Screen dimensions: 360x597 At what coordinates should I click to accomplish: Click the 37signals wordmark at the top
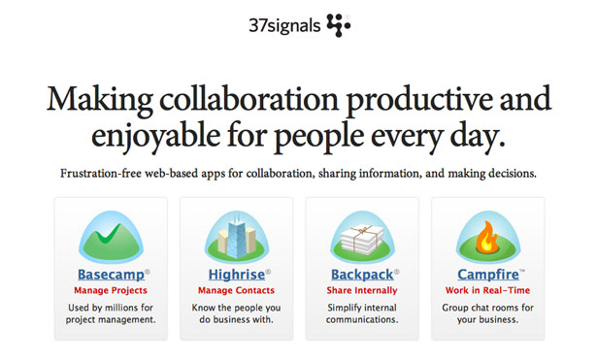tap(282, 22)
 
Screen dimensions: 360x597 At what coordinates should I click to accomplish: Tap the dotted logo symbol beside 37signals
tap(338, 23)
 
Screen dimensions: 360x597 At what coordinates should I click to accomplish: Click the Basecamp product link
tap(107, 274)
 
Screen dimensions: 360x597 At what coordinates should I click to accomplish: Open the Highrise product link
tap(234, 274)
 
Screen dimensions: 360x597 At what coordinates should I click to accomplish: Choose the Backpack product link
tap(361, 274)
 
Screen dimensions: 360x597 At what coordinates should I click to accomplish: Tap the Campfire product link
tap(485, 274)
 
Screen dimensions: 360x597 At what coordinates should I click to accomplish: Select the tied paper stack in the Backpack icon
tap(362, 236)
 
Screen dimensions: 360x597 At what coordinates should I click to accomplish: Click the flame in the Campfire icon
tap(488, 234)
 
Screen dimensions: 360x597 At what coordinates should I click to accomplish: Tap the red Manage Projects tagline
tap(110, 289)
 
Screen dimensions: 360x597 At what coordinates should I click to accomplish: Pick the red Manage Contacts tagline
tap(236, 289)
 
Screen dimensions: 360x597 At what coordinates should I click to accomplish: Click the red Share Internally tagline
tap(363, 289)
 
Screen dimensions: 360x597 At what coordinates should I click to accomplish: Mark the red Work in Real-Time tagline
tap(488, 289)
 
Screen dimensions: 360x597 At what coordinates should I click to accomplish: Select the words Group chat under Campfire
tap(470, 306)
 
